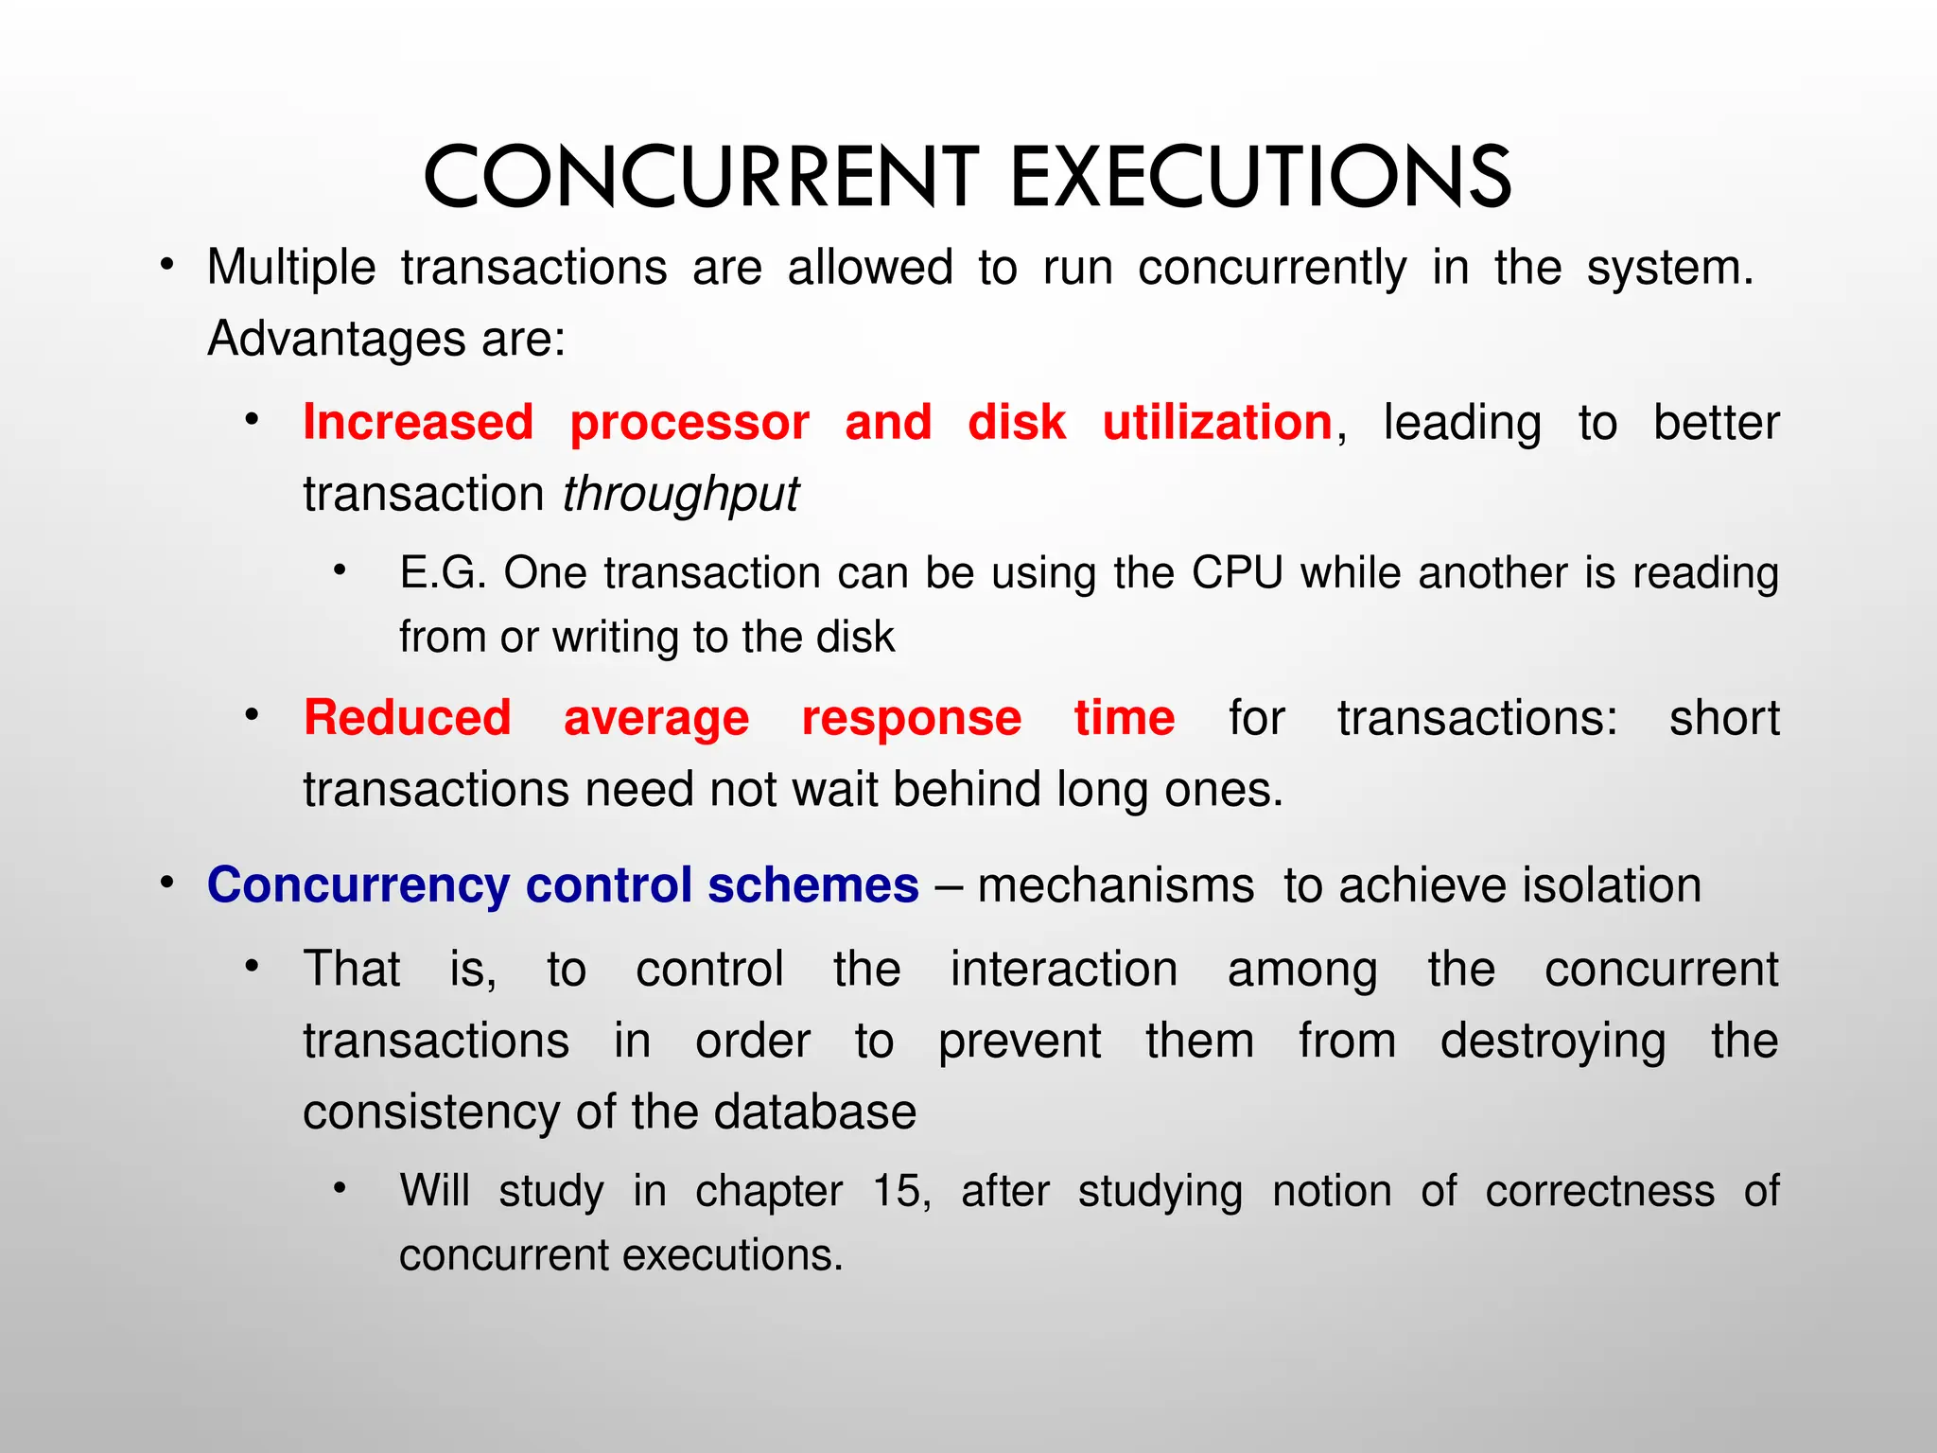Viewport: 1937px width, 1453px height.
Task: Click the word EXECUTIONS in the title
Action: [1261, 177]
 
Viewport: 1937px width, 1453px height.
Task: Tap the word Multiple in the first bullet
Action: [291, 268]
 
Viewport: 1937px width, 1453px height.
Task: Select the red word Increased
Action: [418, 423]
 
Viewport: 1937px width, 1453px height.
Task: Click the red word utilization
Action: [1217, 423]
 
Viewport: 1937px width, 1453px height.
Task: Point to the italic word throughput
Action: [681, 495]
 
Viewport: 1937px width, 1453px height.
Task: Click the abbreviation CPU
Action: [1237, 573]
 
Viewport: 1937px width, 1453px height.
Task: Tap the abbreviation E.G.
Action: [443, 573]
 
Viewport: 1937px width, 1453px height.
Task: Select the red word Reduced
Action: [407, 718]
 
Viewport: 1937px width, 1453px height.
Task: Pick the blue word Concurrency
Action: [358, 886]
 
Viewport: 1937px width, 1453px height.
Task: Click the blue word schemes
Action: [813, 886]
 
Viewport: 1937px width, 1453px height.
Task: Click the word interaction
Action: [1064, 970]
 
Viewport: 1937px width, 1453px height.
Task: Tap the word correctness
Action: [1599, 1191]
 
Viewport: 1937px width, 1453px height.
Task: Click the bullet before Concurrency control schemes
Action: [167, 883]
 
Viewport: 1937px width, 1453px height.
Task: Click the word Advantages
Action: [335, 340]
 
